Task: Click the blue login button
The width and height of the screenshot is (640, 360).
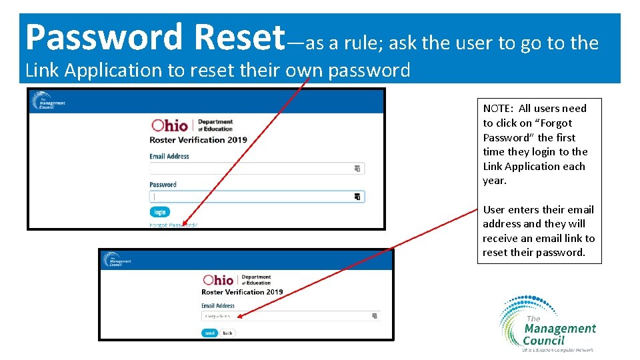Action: (x=159, y=212)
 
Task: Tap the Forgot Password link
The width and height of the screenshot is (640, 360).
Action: (x=173, y=225)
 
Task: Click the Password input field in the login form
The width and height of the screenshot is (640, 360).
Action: (x=253, y=197)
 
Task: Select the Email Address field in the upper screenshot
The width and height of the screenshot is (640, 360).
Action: (x=253, y=168)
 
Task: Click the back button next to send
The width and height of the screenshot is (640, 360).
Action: (x=227, y=333)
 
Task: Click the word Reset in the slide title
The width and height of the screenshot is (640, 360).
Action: (x=239, y=37)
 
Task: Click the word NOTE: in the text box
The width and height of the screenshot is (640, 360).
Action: (x=499, y=109)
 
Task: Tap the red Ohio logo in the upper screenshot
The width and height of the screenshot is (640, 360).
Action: (x=170, y=125)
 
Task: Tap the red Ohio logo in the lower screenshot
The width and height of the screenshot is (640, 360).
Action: (x=218, y=280)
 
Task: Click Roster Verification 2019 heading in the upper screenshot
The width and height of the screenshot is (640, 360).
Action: (x=198, y=140)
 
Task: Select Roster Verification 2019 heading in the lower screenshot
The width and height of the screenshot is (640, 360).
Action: (x=242, y=292)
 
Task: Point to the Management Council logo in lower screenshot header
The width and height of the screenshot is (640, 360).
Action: (x=118, y=259)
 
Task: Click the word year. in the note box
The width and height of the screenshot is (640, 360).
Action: (x=495, y=181)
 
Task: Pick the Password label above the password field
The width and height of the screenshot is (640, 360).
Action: (x=163, y=185)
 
